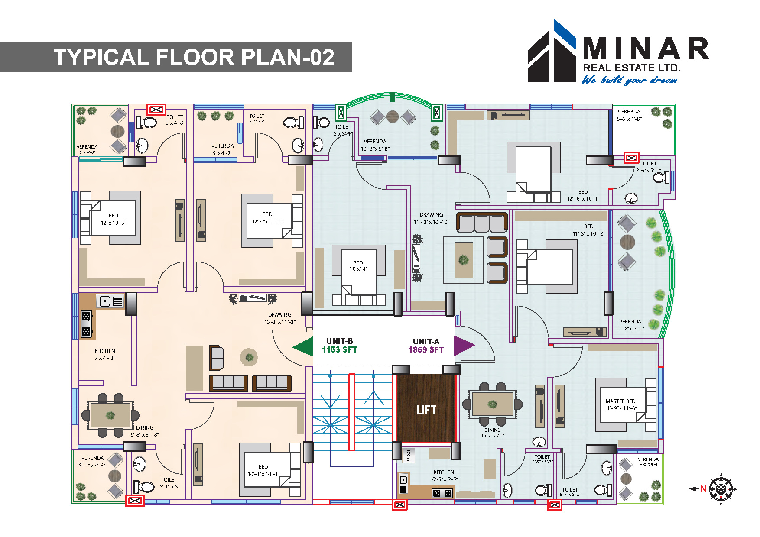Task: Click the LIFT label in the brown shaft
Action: coord(426,410)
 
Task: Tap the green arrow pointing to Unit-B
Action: coord(304,347)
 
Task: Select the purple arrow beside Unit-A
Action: coord(463,345)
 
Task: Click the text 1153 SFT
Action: coord(339,350)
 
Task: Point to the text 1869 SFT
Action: coord(426,350)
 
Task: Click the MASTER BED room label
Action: coord(620,404)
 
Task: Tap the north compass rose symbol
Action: coord(721,489)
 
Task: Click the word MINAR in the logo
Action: coord(646,49)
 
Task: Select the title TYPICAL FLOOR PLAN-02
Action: coord(194,57)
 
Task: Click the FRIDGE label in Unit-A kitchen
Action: coord(409,456)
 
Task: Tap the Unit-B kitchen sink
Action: coord(105,301)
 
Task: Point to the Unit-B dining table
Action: coord(110,414)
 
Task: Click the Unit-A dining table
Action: coord(493,404)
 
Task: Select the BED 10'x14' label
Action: coord(358,266)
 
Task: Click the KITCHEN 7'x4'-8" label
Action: coord(105,354)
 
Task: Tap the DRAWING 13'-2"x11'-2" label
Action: coord(280,318)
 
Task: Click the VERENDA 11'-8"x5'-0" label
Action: coord(630,325)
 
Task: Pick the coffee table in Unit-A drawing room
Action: coord(463,259)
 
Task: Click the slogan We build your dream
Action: coord(629,80)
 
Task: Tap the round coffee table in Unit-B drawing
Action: coord(249,357)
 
